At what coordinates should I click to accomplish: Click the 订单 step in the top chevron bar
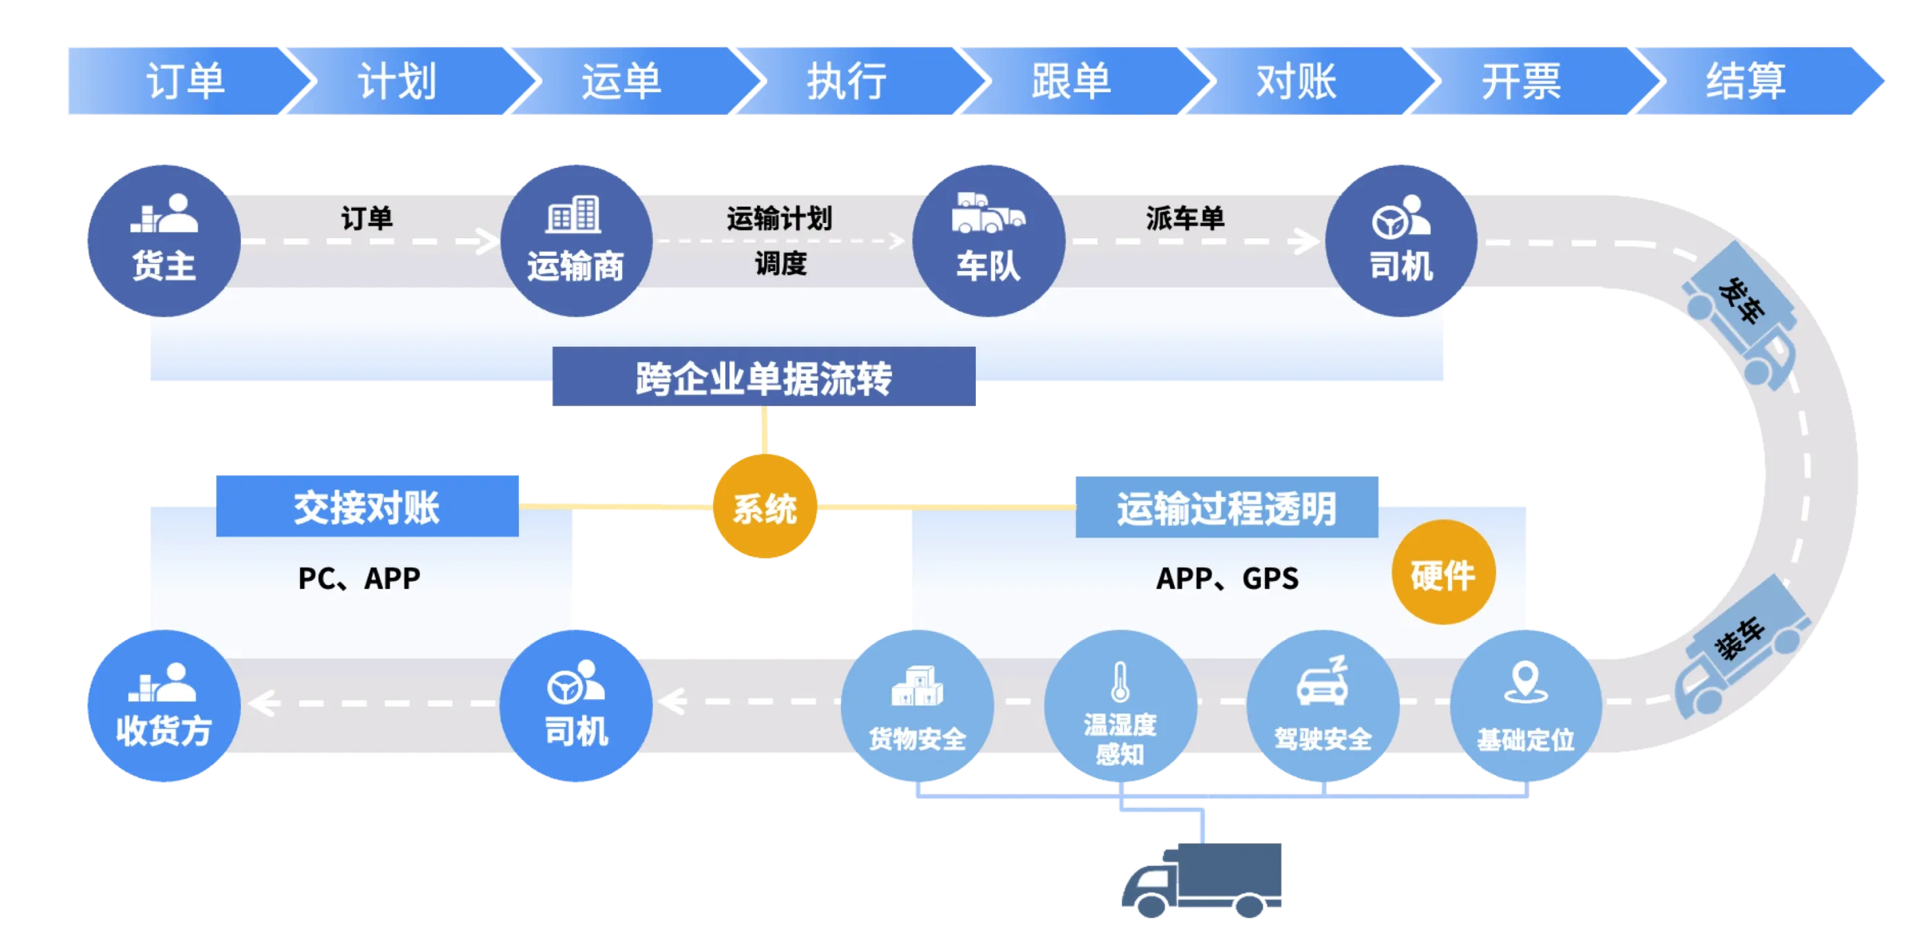coord(184,80)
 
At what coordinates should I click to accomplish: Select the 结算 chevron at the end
coord(1746,80)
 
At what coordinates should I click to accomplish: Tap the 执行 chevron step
coord(847,80)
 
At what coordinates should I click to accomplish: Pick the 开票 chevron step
coord(1521,80)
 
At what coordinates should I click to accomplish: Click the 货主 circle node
coord(164,240)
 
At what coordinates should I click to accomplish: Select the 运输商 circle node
coord(575,240)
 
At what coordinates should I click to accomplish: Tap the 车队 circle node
coord(988,240)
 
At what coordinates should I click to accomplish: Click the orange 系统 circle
coord(765,507)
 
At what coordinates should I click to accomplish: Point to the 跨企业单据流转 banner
coord(764,377)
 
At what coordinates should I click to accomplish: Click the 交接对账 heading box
coord(368,507)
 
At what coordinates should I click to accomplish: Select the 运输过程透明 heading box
coord(1227,507)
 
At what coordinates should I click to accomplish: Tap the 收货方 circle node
coord(164,706)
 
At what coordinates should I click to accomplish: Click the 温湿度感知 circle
coord(1120,706)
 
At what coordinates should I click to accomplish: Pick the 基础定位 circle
coord(1525,706)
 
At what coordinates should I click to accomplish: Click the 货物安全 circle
coord(917,706)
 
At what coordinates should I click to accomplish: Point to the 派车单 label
coord(1185,218)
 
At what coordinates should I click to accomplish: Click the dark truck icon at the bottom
coord(1202,880)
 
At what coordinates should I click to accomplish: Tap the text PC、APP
coord(359,578)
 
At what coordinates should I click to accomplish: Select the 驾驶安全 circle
coord(1323,706)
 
